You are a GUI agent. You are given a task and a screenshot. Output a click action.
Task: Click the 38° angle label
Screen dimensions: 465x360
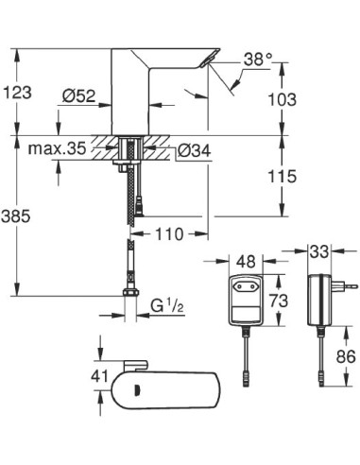click(x=256, y=59)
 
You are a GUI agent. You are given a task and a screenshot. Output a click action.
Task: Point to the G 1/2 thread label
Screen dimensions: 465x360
click(x=166, y=307)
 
